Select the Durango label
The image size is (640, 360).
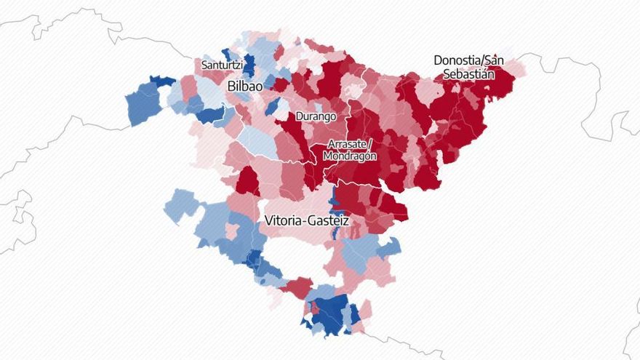click(x=315, y=116)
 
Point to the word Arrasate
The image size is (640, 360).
click(x=349, y=144)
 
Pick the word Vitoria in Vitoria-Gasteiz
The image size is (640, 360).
click(x=287, y=220)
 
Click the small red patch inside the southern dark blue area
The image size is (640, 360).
click(x=315, y=308)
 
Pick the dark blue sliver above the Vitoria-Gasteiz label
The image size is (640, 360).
click(x=334, y=199)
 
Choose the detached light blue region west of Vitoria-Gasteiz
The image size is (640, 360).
click(x=180, y=205)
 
